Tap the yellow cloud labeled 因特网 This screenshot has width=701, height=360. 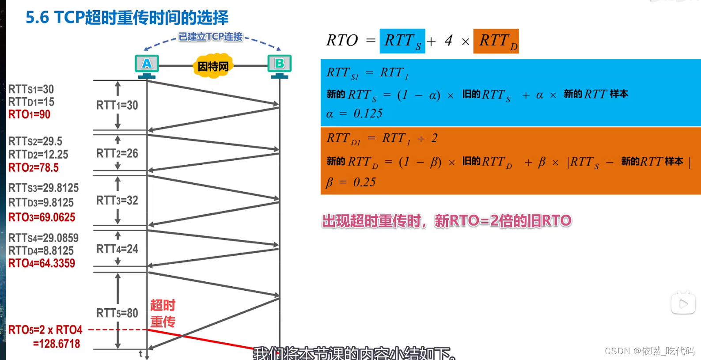click(x=213, y=66)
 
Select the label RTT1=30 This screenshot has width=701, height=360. click(x=117, y=105)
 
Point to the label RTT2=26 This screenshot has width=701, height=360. click(x=117, y=153)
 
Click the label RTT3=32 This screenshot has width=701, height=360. click(x=117, y=201)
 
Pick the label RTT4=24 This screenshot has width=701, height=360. click(x=117, y=249)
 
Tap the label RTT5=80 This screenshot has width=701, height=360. click(x=117, y=313)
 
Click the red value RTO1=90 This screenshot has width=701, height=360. click(x=29, y=114)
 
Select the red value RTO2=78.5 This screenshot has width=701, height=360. click(x=34, y=168)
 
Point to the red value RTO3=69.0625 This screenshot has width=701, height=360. click(x=42, y=217)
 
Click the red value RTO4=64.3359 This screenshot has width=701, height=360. click(x=42, y=263)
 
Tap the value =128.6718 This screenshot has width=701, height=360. click(x=57, y=344)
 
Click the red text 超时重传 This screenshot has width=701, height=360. click(x=163, y=314)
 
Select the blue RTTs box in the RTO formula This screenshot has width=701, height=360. click(x=402, y=41)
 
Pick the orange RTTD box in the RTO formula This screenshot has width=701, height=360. click(x=496, y=41)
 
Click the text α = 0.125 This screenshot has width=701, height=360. click(x=354, y=114)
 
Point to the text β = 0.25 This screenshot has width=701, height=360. click(x=351, y=182)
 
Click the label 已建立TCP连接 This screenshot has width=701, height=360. click(x=211, y=37)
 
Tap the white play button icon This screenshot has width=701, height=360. click(x=683, y=303)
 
